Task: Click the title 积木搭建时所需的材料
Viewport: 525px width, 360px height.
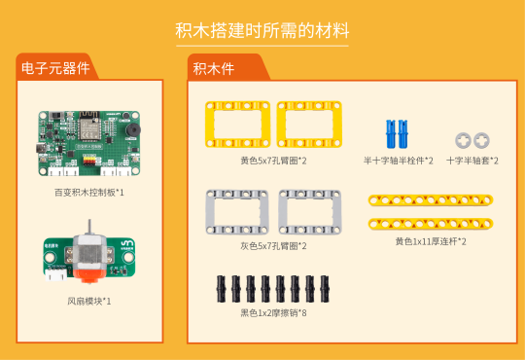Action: (262, 30)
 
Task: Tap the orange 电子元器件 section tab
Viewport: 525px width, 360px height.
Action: (54, 68)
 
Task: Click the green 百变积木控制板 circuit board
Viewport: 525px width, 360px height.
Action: (88, 145)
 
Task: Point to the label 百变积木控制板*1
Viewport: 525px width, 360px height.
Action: (89, 193)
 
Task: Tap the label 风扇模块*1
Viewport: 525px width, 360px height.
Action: (89, 301)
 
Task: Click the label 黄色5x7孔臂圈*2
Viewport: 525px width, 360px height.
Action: (273, 161)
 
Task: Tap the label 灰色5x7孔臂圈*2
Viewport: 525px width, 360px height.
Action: (273, 246)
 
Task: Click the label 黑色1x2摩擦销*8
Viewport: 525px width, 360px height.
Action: (273, 312)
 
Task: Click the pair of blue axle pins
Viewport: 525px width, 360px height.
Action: (397, 132)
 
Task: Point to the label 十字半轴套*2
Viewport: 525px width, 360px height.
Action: (472, 161)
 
